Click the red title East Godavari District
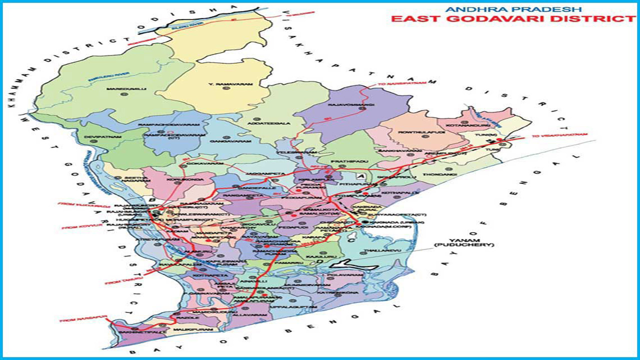point(512,19)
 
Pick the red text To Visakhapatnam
point(559,135)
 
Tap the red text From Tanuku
point(119,282)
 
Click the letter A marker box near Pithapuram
point(360,176)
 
